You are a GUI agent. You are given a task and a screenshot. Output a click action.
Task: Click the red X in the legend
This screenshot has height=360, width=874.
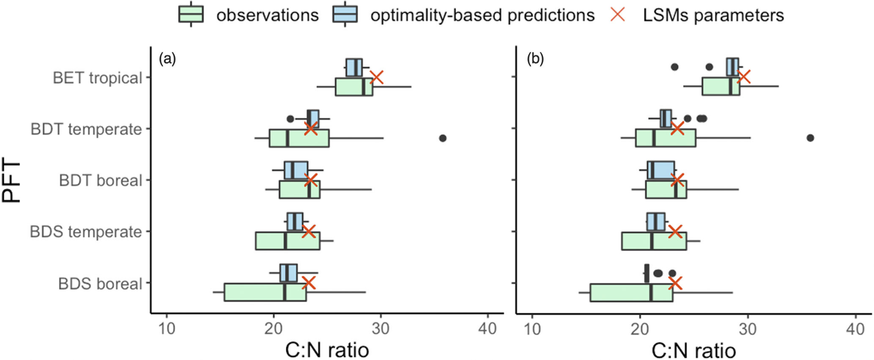tap(618, 15)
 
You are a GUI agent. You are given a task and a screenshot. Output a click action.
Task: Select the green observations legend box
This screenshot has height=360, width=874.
tap(191, 15)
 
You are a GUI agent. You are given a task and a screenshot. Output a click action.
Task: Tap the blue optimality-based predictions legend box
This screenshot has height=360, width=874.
tap(345, 15)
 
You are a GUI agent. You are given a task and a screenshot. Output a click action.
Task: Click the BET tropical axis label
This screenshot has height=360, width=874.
tap(97, 78)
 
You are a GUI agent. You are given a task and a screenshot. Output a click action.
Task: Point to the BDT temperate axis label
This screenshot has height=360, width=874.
tap(86, 129)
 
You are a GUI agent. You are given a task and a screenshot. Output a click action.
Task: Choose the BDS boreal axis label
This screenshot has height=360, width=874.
tap(100, 283)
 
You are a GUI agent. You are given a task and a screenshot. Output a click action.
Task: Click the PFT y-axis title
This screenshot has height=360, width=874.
tap(12, 181)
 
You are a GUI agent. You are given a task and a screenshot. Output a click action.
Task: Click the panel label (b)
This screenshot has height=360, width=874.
tap(535, 59)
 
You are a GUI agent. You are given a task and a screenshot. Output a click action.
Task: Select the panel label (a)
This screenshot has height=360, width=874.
tap(167, 59)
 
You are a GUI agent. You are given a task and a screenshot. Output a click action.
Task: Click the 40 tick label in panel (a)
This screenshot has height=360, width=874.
tap(488, 329)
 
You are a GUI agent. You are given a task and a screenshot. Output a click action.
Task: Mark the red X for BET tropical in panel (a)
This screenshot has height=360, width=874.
tap(377, 77)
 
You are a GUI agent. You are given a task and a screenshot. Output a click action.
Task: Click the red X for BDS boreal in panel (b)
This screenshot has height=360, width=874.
tap(675, 283)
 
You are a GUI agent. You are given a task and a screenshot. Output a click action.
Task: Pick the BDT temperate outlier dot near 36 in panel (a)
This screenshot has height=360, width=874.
tap(443, 138)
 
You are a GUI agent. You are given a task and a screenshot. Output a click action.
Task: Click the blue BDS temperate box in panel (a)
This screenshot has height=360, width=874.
tap(295, 222)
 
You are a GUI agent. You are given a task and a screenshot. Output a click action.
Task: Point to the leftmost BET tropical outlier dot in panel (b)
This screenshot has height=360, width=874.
tap(674, 67)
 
